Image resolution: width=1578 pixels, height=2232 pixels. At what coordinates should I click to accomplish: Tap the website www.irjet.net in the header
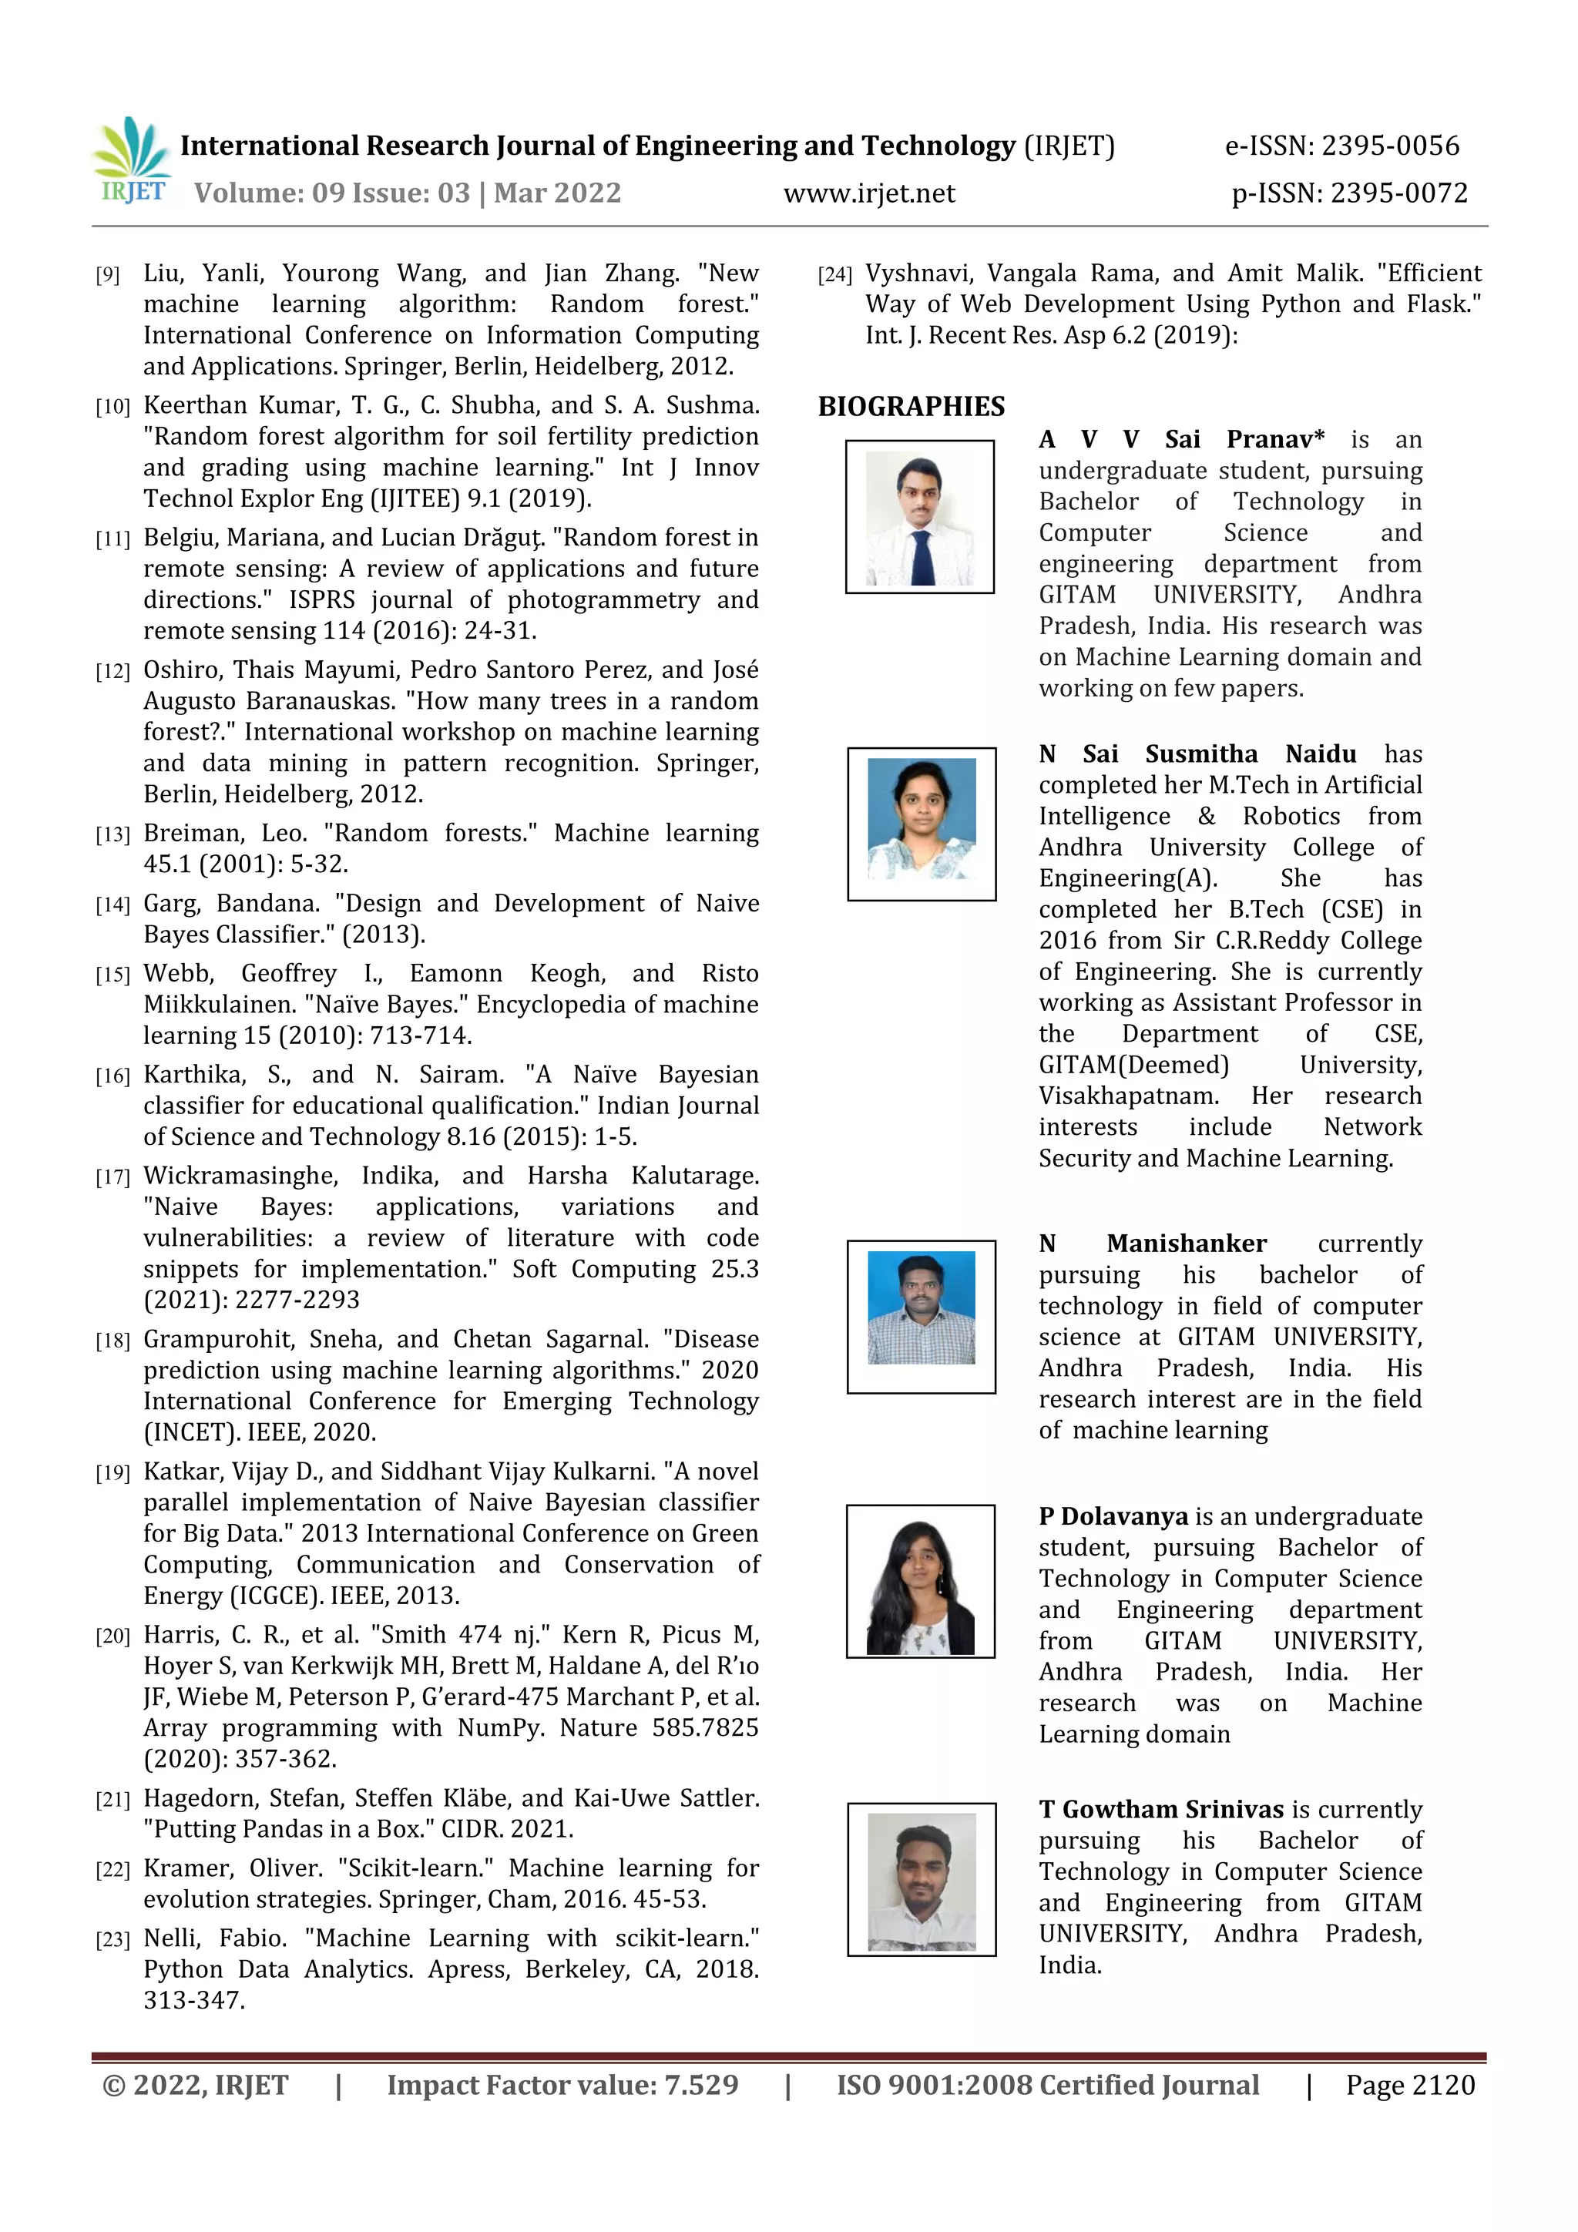(869, 193)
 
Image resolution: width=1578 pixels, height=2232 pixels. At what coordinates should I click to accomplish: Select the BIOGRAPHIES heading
(911, 406)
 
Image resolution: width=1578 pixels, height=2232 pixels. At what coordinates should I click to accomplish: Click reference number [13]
(112, 834)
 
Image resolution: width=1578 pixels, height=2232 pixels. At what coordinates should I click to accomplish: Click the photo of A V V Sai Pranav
(920, 517)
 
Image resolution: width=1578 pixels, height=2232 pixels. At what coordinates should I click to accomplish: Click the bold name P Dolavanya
(1113, 1516)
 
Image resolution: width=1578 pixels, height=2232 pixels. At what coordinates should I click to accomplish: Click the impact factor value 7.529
(701, 2085)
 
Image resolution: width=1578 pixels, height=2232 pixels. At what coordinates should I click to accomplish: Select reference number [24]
(834, 275)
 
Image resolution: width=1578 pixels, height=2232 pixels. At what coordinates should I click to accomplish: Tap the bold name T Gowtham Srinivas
(1161, 1809)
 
